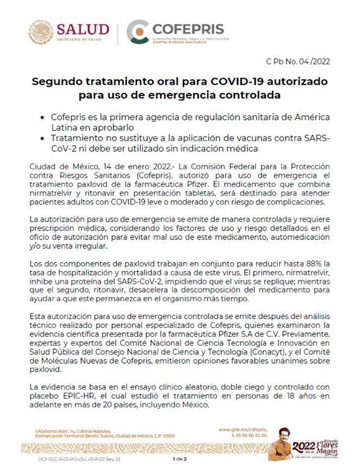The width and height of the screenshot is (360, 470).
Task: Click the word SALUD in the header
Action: point(84,29)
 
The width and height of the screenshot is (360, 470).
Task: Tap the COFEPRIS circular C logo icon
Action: point(137,32)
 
